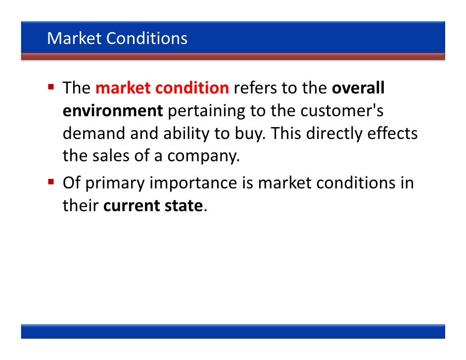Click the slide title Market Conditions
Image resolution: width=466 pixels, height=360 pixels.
pos(117,38)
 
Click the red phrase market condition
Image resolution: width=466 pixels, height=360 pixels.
pos(162,89)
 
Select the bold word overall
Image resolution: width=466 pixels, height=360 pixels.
pos(358,89)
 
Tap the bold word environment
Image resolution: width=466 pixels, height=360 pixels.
pos(112,111)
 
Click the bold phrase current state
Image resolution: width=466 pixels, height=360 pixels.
pos(153,205)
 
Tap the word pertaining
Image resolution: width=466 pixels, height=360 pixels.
pos(207,111)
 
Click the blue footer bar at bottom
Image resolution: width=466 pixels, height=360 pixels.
pos(233,331)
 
